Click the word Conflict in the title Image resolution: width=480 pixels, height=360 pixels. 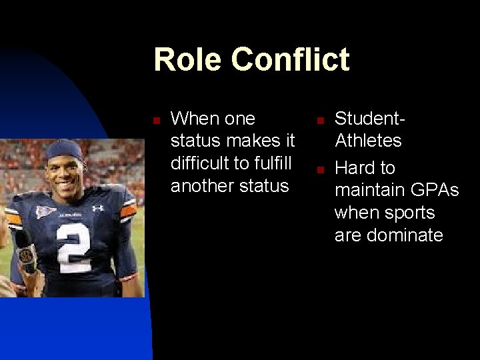290,59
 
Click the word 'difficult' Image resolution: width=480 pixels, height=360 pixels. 198,163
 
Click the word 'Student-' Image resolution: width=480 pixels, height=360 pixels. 370,119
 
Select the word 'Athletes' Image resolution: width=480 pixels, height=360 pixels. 368,141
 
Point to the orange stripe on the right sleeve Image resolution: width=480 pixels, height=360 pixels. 128,211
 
